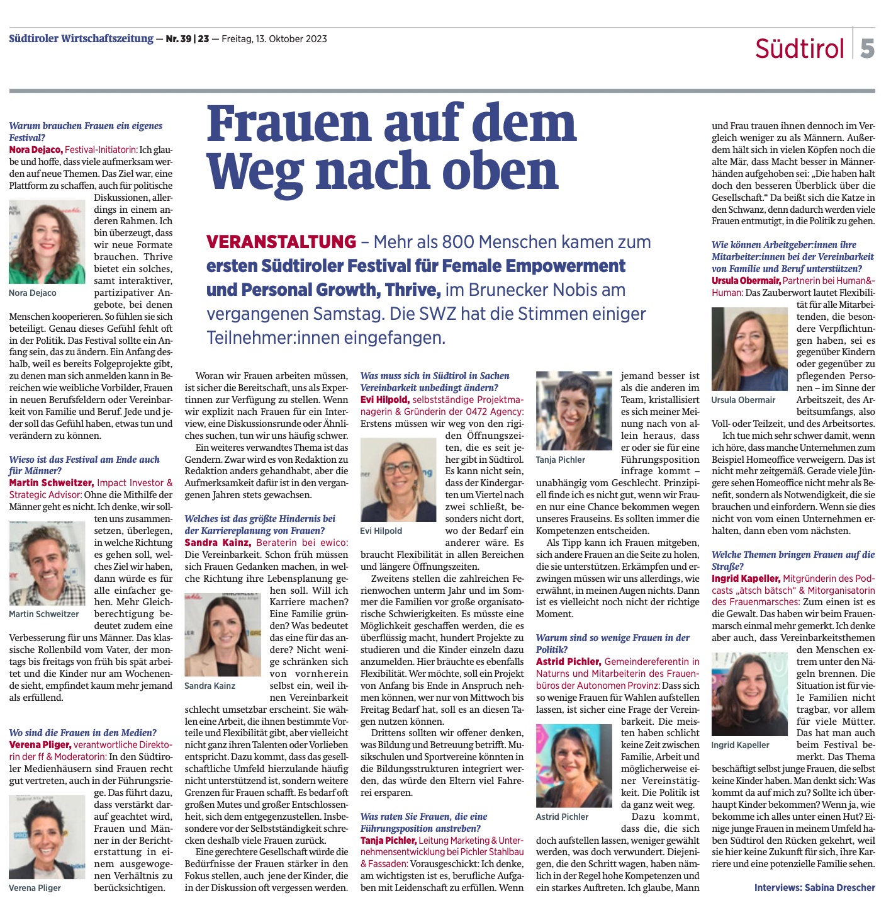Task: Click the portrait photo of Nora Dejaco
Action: coord(47,242)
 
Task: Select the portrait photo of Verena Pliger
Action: coord(47,837)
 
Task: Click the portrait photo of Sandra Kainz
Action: coord(222,634)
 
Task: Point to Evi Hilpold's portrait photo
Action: coord(398,480)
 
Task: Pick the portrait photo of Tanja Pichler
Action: coord(574,411)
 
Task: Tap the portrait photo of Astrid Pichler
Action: coord(574,766)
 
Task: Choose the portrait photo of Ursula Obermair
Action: coord(749,349)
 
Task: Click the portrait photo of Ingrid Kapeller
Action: coord(749,694)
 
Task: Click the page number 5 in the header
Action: coord(868,48)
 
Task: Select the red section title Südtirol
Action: coord(799,48)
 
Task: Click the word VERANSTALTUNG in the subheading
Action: coord(281,242)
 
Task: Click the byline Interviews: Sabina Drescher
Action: coord(814,887)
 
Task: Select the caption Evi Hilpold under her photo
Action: coord(381,531)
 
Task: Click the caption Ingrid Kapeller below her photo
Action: coord(740,745)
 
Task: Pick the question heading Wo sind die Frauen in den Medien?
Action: coord(83,732)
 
